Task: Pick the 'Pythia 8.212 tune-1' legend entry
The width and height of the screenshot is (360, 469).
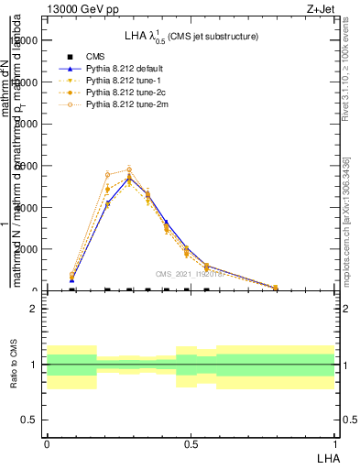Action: [115, 81]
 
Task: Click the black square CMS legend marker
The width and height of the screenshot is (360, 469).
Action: [70, 56]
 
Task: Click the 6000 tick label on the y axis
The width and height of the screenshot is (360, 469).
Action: [28, 166]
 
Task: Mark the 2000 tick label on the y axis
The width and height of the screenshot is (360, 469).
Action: [28, 249]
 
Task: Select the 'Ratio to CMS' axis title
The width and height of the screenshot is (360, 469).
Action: [14, 364]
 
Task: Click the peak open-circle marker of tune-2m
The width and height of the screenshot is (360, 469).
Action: [129, 169]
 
